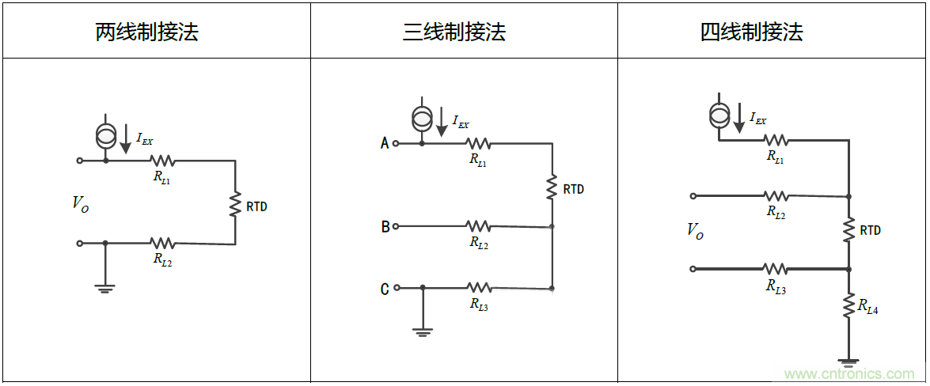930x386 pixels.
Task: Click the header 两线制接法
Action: [146, 32]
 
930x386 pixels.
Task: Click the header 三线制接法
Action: [454, 32]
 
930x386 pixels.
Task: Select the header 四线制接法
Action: [751, 32]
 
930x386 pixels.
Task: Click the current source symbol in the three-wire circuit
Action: [422, 119]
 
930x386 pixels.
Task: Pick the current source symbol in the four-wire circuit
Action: [719, 115]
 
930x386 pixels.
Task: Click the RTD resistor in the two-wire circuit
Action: [235, 203]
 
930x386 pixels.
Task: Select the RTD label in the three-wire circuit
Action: [574, 189]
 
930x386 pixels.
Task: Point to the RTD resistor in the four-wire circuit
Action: [848, 230]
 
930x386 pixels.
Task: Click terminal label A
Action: [385, 143]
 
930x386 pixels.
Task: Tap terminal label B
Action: [385, 227]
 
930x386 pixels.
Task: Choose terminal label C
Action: [385, 289]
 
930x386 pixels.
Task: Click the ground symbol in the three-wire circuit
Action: [423, 331]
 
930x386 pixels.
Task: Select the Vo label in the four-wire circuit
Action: [695, 231]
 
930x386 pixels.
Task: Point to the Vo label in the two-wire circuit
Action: [81, 203]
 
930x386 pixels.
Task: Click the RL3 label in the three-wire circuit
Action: [479, 304]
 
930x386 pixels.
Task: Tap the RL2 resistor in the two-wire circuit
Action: [162, 243]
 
